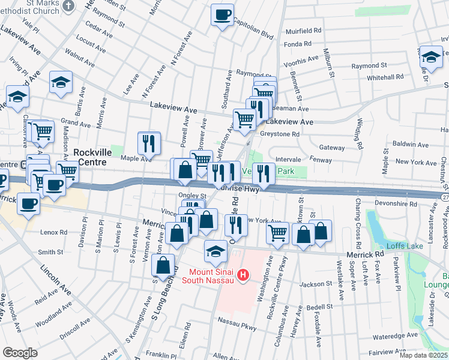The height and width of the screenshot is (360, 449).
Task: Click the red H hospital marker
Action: (243, 276)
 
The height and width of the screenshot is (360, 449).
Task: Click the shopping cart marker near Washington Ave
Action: (277, 232)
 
